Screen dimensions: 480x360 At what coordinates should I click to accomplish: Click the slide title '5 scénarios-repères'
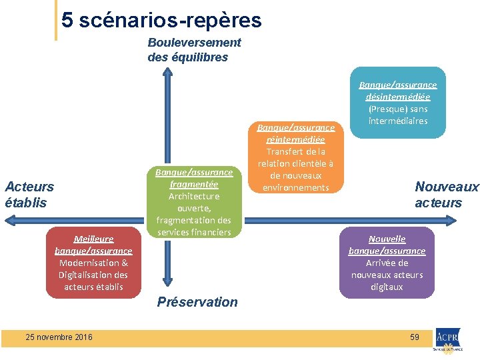pos(161,21)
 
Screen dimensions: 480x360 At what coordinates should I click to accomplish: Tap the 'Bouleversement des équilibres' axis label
pos(193,50)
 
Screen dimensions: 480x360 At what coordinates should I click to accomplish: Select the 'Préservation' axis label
pos(197,302)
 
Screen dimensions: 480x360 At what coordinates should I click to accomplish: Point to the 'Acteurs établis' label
pos(29,195)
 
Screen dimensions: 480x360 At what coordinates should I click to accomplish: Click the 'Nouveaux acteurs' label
pos(446,195)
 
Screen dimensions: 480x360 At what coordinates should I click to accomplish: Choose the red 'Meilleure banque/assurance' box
pos(93,263)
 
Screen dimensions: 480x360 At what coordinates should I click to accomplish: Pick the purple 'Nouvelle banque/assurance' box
pos(387,263)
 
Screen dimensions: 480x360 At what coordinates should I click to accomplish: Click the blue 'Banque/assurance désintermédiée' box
pos(397,103)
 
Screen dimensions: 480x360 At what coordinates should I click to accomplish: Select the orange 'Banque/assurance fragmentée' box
pos(194,202)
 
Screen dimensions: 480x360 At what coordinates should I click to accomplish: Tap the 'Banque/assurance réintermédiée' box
pos(295,157)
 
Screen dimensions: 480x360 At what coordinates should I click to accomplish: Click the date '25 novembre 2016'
pos(59,337)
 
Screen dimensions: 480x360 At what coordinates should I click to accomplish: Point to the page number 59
pos(414,337)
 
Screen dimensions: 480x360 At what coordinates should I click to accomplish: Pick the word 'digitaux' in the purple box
pos(387,287)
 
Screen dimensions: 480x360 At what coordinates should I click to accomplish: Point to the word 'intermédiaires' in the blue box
pos(397,121)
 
